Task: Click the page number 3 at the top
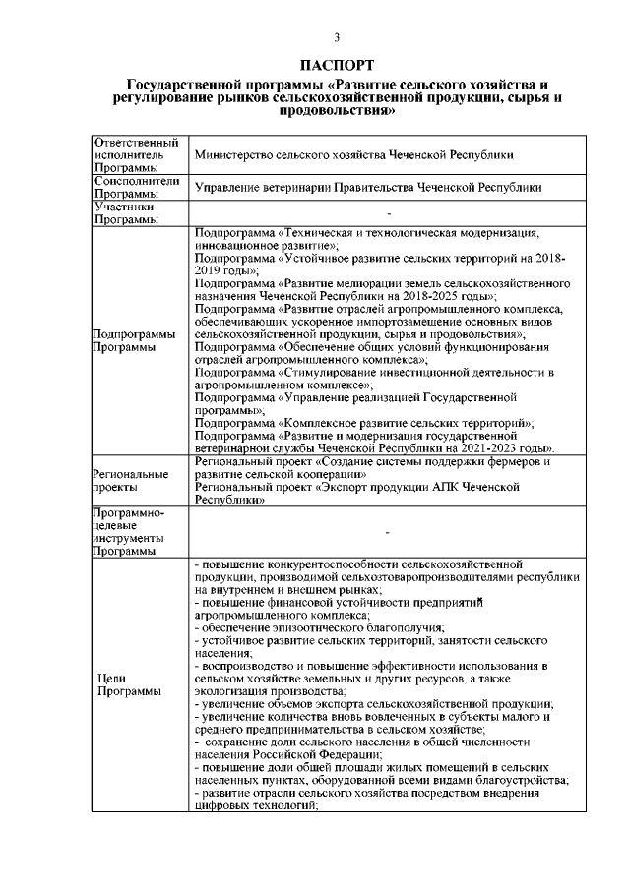tap(337, 38)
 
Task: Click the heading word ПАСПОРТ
tap(337, 66)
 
